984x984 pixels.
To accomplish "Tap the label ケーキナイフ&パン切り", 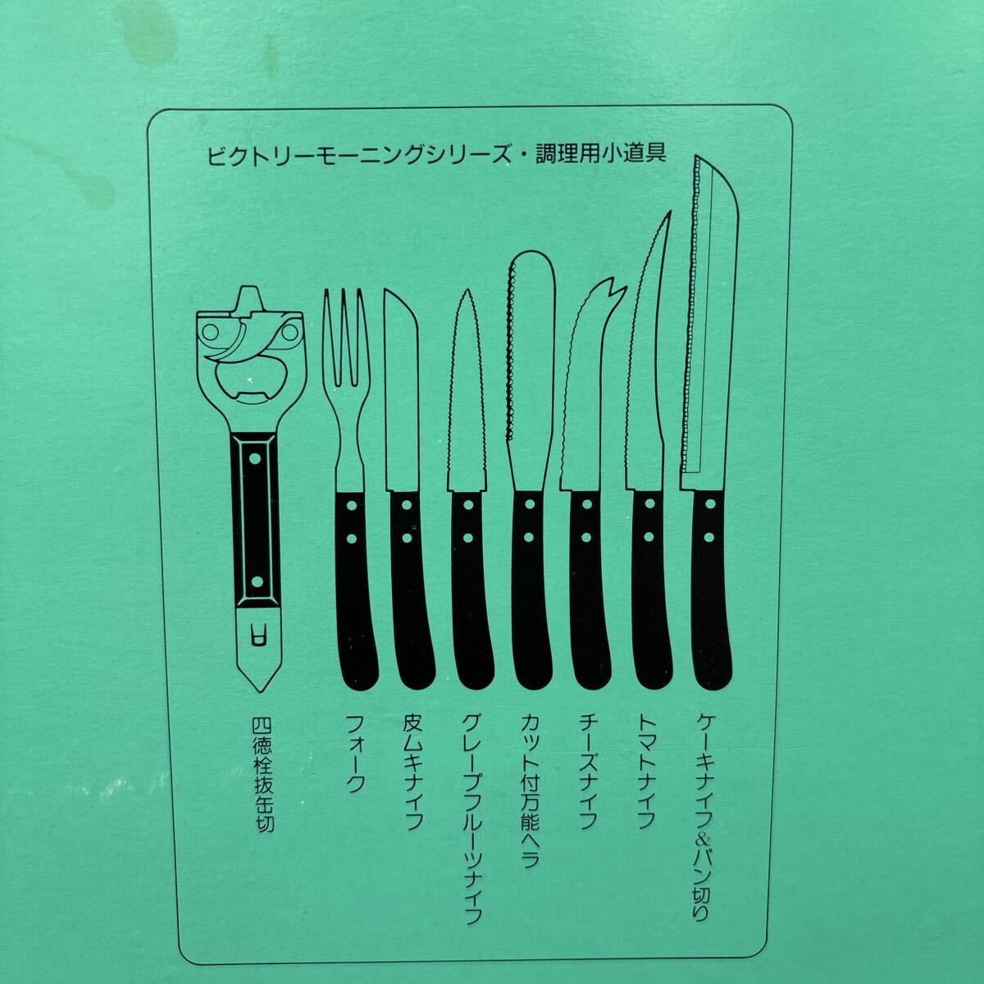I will (704, 816).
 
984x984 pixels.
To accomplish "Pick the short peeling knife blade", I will (400, 394).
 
